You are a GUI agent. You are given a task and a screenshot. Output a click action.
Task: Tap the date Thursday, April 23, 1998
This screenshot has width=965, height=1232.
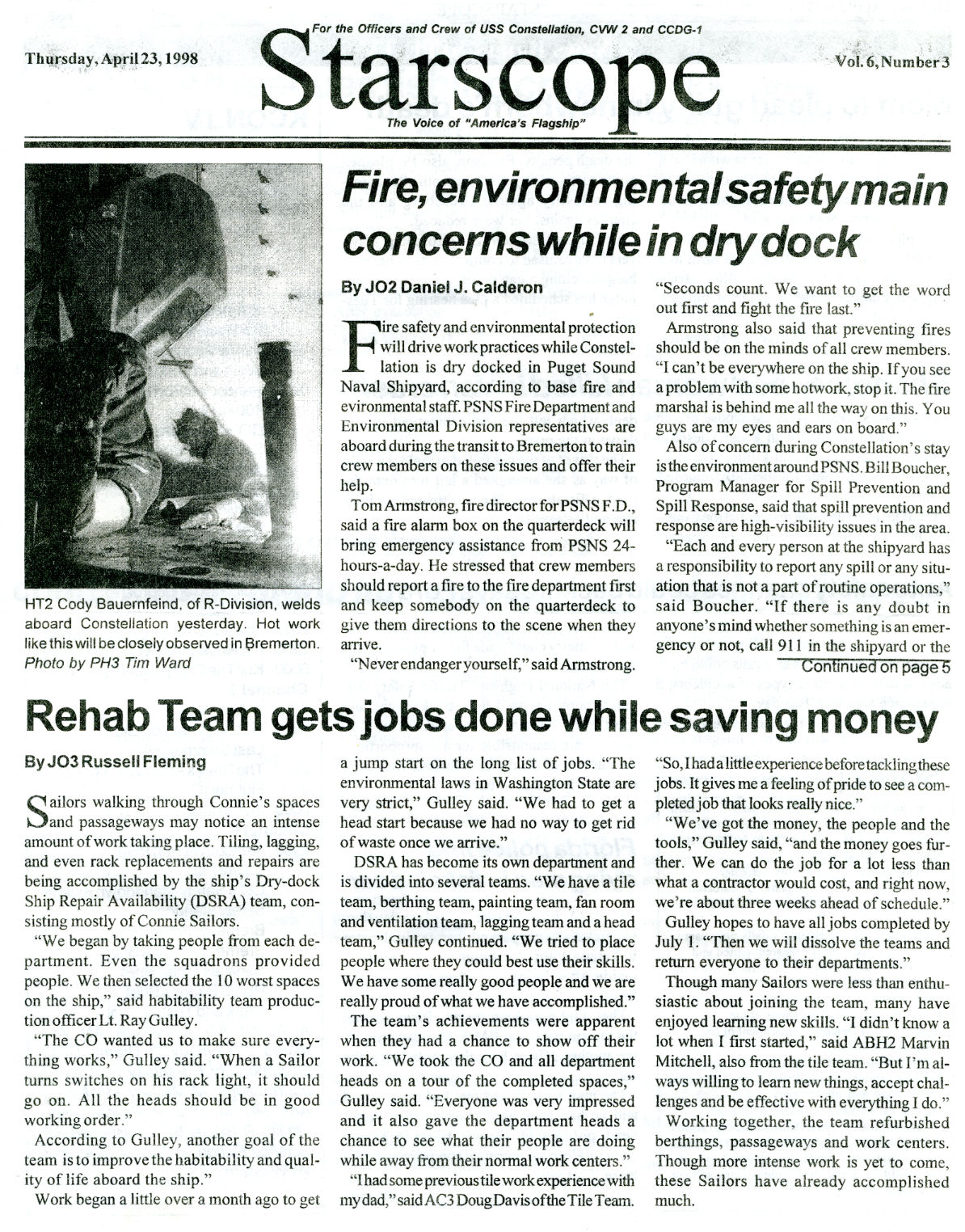tap(112, 58)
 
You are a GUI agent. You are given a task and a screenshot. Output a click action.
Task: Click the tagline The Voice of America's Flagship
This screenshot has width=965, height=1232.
tap(485, 124)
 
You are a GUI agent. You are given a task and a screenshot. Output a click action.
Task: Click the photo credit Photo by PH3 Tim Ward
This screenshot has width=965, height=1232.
tap(107, 663)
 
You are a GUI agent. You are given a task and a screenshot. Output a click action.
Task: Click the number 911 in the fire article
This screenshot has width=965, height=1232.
tap(789, 645)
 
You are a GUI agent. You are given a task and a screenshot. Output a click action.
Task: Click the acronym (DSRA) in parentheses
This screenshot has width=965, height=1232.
tap(221, 901)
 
